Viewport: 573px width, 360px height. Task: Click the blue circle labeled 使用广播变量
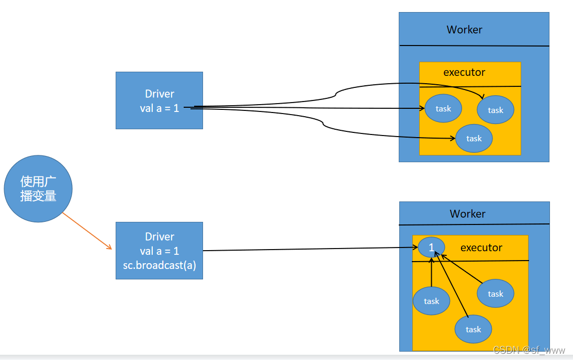tap(38, 188)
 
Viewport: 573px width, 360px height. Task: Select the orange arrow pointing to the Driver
tap(87, 231)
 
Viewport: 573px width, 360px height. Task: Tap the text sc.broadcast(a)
tap(159, 265)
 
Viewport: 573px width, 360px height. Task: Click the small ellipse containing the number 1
tap(432, 247)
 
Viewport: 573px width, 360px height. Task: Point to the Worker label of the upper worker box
tap(464, 30)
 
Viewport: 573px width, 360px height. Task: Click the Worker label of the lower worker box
tap(467, 213)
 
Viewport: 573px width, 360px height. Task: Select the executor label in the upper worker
tap(464, 72)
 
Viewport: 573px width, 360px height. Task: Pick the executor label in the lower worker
tap(481, 248)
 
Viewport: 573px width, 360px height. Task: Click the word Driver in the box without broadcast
tap(160, 94)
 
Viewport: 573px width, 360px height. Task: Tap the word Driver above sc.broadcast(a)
tap(160, 237)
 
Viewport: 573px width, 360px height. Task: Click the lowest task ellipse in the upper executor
tap(474, 138)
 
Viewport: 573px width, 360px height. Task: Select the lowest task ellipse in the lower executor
tap(473, 329)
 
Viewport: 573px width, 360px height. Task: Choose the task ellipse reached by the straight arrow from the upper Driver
tap(443, 108)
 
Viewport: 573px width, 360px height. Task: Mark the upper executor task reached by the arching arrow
tap(495, 110)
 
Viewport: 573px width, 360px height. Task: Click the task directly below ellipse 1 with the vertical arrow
tap(431, 301)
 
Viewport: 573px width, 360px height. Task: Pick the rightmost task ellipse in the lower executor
tap(495, 294)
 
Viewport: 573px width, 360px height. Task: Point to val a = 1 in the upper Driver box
tap(160, 108)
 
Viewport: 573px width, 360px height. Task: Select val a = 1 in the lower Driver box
tap(160, 251)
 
